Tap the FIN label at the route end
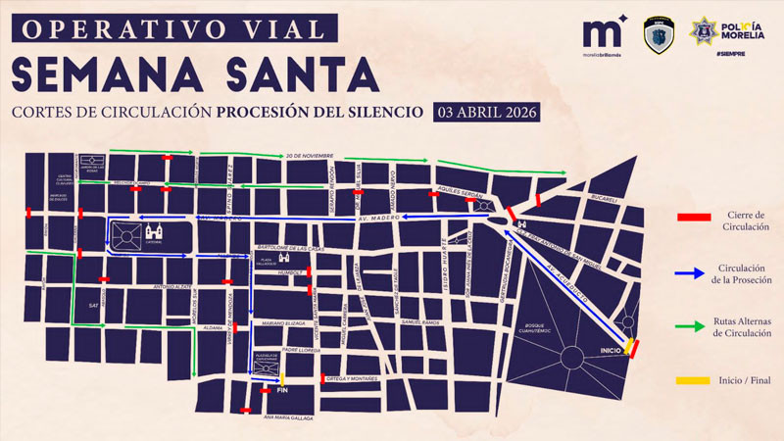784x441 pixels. coord(282,391)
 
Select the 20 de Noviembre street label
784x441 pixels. coord(311,156)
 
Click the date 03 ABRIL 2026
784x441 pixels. coord(486,111)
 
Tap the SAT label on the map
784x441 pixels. coord(93,306)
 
